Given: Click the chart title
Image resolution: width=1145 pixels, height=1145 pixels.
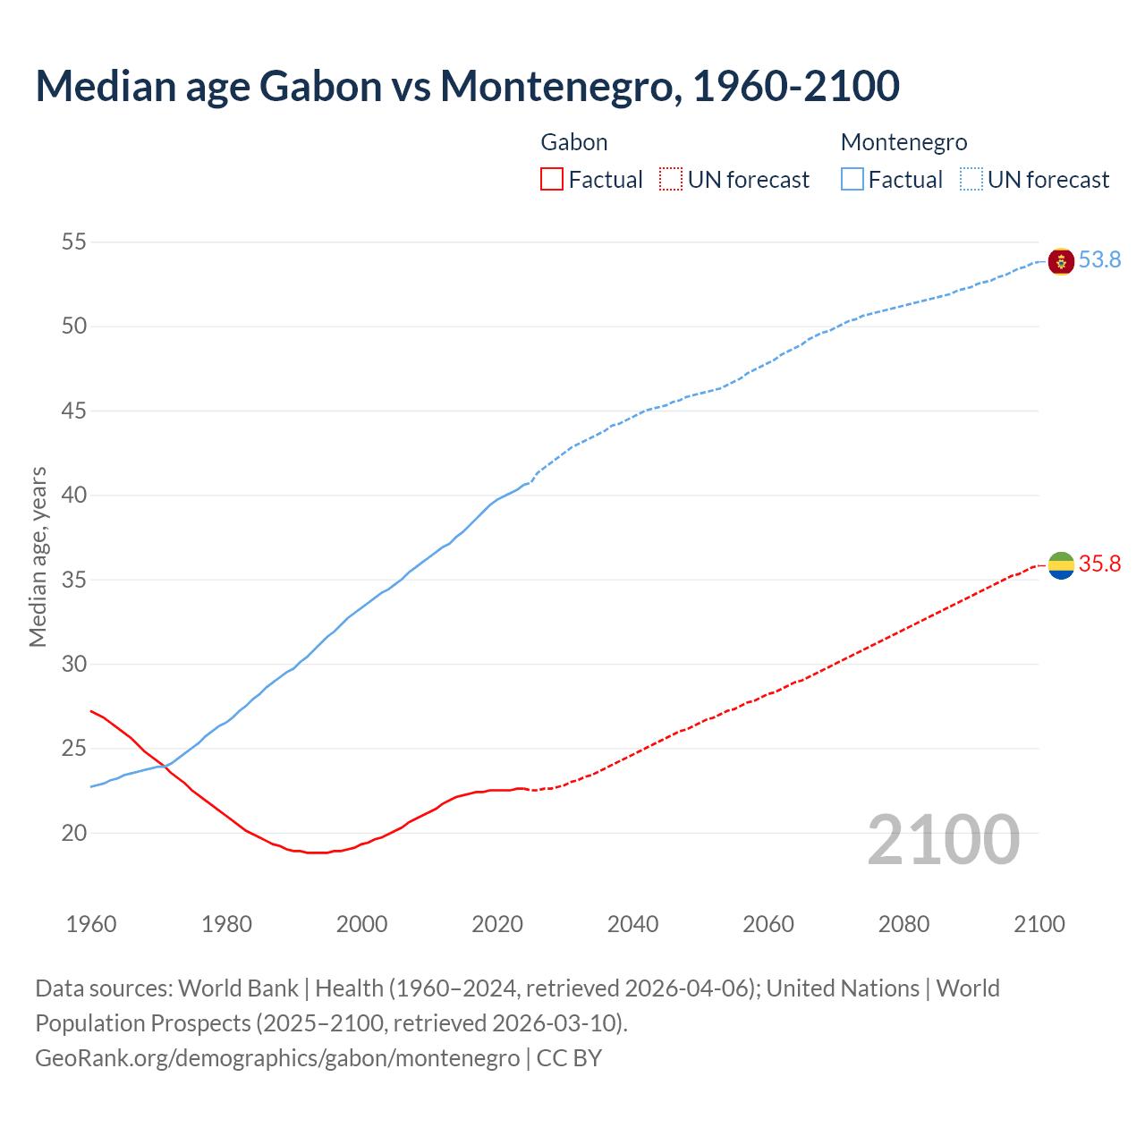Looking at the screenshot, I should [467, 86].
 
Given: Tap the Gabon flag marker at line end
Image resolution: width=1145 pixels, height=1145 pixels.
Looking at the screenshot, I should [1061, 565].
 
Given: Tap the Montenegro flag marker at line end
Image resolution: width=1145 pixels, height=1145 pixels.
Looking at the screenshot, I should [1061, 261].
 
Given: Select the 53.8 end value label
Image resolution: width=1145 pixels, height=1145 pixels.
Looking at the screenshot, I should [1099, 259].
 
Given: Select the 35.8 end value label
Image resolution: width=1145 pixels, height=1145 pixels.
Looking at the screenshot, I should [1099, 564].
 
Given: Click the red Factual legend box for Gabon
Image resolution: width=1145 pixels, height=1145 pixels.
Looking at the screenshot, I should [552, 180].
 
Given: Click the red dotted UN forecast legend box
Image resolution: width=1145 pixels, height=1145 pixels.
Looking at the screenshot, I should [671, 180].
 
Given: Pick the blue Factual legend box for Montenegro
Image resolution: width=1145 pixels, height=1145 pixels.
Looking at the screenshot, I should [852, 180].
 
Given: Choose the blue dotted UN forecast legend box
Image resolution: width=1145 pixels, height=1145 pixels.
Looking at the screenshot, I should [971, 180].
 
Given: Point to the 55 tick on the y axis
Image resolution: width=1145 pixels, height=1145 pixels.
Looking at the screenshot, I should [74, 242].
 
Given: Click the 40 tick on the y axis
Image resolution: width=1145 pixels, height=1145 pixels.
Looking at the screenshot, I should [74, 496].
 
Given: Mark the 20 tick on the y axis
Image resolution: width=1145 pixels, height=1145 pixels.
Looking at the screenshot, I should [74, 833].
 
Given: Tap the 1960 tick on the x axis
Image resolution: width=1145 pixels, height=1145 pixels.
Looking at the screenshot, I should [91, 924].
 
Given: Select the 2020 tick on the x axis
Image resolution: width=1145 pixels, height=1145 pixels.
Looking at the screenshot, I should [497, 924].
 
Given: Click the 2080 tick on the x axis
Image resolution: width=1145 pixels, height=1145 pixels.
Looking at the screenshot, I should [903, 924].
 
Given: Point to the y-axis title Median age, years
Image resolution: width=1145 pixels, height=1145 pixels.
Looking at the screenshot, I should [38, 556].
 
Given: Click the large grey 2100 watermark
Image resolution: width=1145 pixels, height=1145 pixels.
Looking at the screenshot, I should [943, 839].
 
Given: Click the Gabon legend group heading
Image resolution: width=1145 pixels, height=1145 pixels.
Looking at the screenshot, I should [574, 142].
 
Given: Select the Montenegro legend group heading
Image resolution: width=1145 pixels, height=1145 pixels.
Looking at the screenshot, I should [903, 142].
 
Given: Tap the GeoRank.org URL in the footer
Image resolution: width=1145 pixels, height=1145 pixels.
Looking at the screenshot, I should [277, 1058].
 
